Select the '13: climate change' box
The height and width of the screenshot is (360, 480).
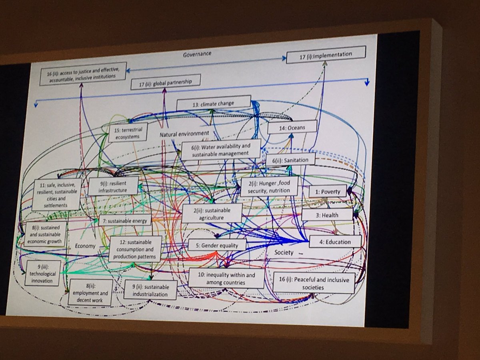(213, 103)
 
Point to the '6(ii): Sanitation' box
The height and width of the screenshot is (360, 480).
(290, 160)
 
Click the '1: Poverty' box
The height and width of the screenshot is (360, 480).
(327, 192)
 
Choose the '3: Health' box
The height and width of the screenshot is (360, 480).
(327, 215)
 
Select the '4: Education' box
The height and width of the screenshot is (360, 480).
(335, 242)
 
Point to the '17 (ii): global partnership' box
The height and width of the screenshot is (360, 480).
(166, 83)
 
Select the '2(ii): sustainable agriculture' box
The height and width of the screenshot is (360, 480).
(212, 213)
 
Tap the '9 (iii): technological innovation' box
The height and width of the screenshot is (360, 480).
(43, 273)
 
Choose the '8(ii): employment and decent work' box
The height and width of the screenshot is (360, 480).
(88, 293)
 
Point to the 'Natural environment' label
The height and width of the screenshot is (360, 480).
(184, 134)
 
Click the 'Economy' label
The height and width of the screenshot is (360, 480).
(85, 246)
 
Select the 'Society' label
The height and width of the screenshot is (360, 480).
(284, 253)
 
